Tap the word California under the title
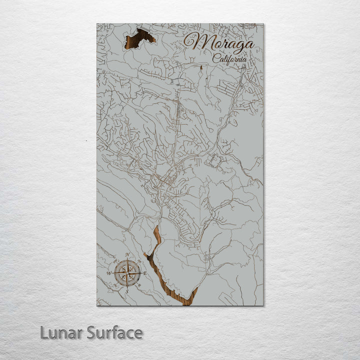click(230, 58)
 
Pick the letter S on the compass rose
click(127, 291)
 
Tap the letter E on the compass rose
click(145, 273)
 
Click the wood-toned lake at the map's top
click(139, 38)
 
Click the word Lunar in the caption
click(61, 332)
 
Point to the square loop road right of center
click(214, 160)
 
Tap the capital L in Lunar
click(44, 332)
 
